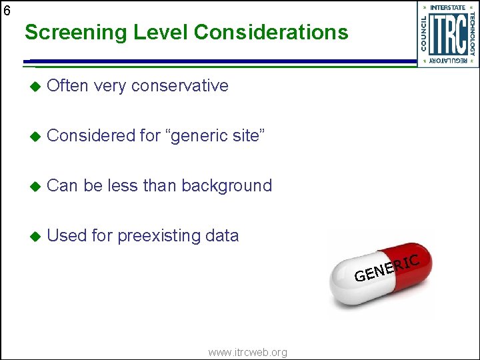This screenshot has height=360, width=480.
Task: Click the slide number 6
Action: pos(6,10)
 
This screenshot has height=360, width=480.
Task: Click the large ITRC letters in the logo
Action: pos(447,35)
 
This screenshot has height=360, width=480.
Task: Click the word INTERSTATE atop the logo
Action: pos(447,7)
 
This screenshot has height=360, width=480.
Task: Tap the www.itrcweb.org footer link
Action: pos(247,352)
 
